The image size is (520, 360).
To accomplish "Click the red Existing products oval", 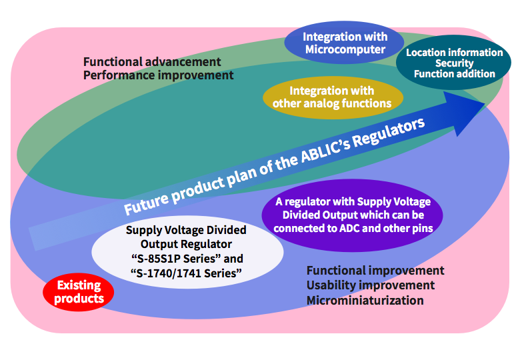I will coord(78,292).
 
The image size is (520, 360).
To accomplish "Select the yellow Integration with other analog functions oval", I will coord(332,97).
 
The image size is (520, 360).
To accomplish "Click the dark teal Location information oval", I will coord(454,63).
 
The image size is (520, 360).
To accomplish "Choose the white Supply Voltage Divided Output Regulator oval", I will coord(186,251).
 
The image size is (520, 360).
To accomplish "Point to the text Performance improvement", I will coord(158,75).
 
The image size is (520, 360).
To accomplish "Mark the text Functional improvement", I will coord(375,271).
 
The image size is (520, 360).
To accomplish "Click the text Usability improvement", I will coord(370,285).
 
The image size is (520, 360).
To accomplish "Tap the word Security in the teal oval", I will coord(454,63).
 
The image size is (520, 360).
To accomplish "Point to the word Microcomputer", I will coord(345,50).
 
